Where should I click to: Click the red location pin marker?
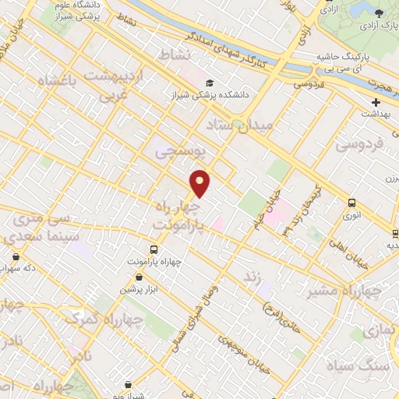tap(200, 183)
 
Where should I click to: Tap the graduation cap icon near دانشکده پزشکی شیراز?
tap(209, 83)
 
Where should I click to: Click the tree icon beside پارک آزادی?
tap(379, 12)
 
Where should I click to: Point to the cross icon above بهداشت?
tap(376, 102)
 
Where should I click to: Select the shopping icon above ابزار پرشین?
tap(139, 277)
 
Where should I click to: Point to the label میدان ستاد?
tap(240, 122)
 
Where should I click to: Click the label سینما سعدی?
tap(37, 234)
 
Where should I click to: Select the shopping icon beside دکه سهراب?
tap(16, 256)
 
